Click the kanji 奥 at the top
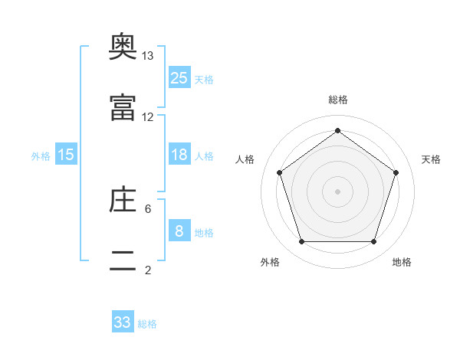click(123, 46)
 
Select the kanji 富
click(123, 107)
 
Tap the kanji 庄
click(123, 199)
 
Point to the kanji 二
click(123, 260)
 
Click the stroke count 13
click(147, 56)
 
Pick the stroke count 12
click(147, 117)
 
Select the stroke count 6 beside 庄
click(148, 209)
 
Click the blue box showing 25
click(179, 77)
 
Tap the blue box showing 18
click(179, 154)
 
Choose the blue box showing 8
click(179, 230)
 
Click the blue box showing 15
click(66, 154)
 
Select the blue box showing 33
click(123, 321)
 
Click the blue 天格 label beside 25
click(204, 80)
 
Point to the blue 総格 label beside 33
click(147, 324)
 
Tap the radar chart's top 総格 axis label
click(338, 100)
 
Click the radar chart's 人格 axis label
click(245, 159)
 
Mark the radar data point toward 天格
click(396, 172)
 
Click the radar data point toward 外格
click(302, 241)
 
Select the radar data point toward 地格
click(373, 241)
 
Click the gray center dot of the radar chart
click(337, 191)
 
